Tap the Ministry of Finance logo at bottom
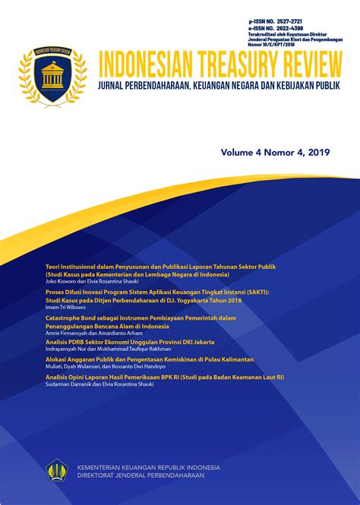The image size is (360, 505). point(56,470)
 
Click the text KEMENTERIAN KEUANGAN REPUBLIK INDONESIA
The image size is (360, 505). point(144,466)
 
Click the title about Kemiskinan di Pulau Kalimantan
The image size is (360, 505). point(150,358)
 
